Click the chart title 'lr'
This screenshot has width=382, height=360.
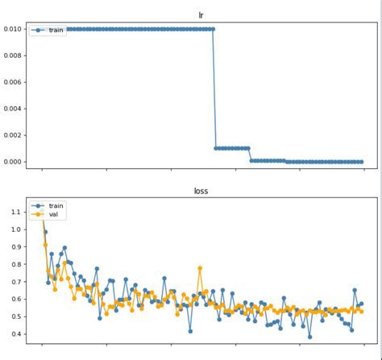click(201, 14)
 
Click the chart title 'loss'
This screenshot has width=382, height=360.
click(201, 192)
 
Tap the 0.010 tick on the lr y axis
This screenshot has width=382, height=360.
click(13, 29)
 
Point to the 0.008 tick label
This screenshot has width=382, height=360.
click(13, 56)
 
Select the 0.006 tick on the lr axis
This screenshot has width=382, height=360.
click(13, 82)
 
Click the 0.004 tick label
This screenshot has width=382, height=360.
click(13, 109)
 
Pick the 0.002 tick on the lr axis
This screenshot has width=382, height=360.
click(13, 135)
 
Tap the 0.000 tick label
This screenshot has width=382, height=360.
click(13, 162)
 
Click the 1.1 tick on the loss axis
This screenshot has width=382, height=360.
click(18, 212)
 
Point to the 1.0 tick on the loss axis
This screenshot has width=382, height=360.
click(18, 230)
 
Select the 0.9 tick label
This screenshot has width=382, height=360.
click(18, 247)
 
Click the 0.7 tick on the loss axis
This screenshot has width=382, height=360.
click(18, 282)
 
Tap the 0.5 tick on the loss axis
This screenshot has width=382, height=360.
click(18, 317)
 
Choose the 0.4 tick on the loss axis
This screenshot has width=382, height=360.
click(18, 334)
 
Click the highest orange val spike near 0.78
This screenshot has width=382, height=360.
click(200, 268)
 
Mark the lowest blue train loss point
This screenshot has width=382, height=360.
click(309, 337)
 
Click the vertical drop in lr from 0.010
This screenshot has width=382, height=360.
click(214, 89)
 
